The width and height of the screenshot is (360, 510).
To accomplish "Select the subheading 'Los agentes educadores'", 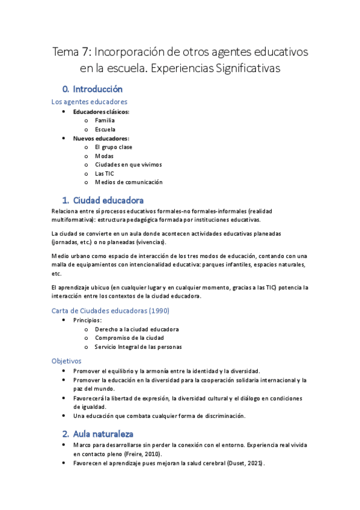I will (89, 102).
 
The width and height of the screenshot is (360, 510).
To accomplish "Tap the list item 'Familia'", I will (105, 120).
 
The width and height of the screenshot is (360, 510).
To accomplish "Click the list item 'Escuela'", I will (105, 129).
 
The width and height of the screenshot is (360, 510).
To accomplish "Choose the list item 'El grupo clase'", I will (114, 147).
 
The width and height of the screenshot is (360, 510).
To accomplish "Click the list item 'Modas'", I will (104, 156).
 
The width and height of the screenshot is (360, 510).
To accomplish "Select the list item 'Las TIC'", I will (104, 173).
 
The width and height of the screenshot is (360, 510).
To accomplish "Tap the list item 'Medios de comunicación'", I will (129, 182).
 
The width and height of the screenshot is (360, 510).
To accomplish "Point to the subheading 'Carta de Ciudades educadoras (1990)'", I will (111, 311).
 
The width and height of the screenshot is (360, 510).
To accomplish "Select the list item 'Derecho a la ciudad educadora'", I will (136, 329).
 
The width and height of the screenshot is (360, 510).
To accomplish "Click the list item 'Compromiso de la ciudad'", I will (129, 338).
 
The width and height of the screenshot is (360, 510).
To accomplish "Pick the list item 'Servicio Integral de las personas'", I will (138, 347).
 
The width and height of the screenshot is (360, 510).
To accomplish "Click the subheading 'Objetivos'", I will (66, 361).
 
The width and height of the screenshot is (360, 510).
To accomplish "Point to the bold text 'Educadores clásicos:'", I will (101, 112).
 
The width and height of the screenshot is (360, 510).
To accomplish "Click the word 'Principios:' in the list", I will (88, 320).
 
